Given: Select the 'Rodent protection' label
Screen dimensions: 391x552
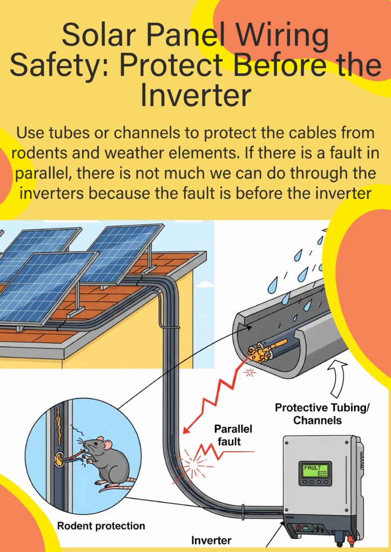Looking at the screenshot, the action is [x=101, y=526].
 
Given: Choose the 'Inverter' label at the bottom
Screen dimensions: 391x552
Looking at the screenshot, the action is [x=211, y=540].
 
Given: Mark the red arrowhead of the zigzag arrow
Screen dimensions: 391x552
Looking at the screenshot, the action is [x=187, y=428].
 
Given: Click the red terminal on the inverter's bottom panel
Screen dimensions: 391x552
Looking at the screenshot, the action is [x=298, y=528].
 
